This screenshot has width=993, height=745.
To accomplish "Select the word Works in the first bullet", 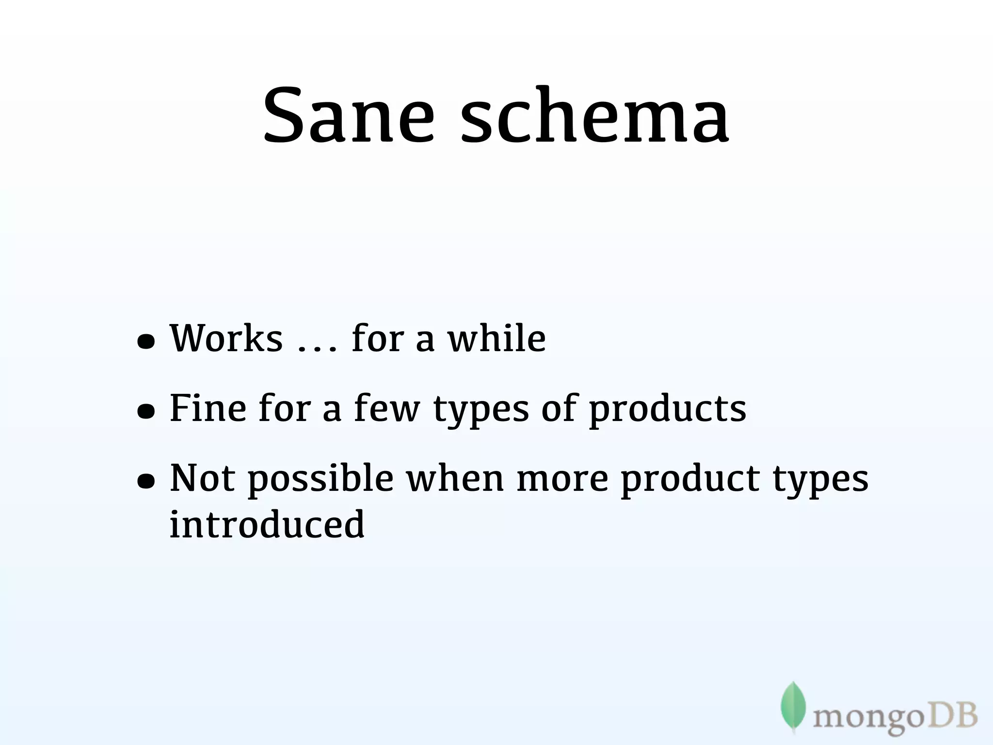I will coord(226,338).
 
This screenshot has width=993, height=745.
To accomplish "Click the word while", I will coord(497,338).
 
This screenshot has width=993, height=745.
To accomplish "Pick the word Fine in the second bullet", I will coord(208,408).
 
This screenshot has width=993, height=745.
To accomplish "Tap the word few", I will coord(387,408).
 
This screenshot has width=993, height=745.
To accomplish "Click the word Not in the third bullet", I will coord(202,478).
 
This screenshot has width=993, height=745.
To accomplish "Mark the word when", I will coord(455,478).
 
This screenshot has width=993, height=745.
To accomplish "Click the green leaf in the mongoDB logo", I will coord(793,706).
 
